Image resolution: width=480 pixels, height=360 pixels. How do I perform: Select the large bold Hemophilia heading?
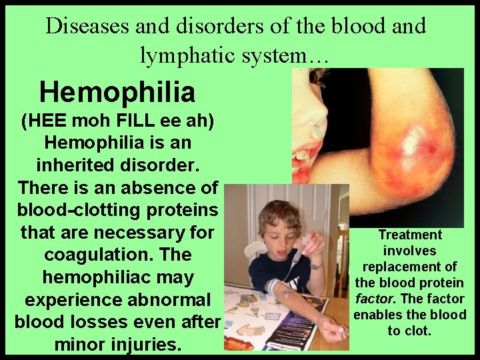coord(117,93)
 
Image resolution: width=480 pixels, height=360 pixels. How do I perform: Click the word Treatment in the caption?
coord(409,235)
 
